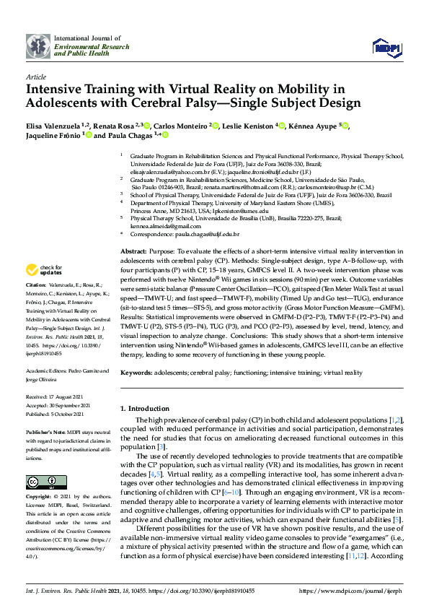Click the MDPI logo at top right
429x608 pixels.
[x=386, y=48]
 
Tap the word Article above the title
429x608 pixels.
[x=35, y=77]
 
